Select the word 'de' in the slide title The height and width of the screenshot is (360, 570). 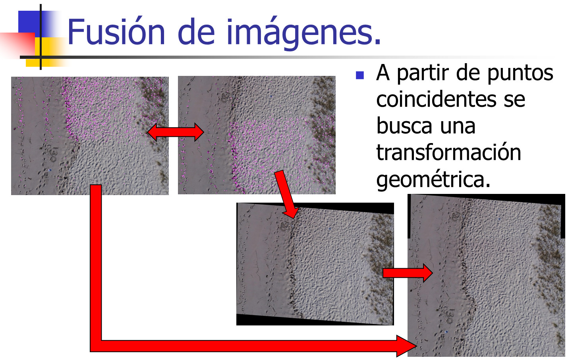[196, 32]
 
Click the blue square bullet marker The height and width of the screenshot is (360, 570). [359, 75]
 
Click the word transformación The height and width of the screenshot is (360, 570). [448, 152]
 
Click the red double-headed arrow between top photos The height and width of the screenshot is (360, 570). [176, 132]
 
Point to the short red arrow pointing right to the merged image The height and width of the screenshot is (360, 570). [408, 273]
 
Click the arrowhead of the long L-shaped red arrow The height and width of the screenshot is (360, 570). [407, 346]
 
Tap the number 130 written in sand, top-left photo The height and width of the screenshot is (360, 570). [52, 155]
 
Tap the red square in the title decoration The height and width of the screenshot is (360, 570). [17, 44]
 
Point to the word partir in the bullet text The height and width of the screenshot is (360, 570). [424, 74]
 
